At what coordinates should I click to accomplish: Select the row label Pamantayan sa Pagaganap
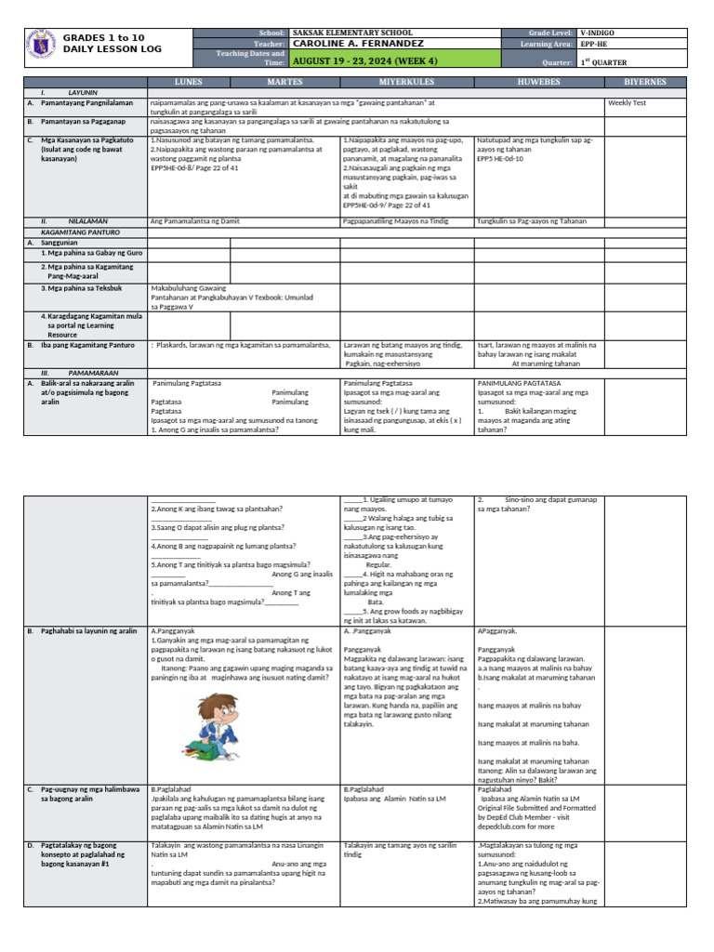click(85, 121)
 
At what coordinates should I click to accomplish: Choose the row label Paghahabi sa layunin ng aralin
click(88, 631)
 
